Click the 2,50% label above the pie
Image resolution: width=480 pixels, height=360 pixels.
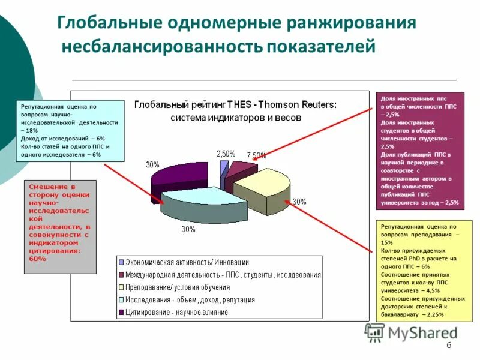226,154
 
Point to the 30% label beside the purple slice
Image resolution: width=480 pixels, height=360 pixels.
152,164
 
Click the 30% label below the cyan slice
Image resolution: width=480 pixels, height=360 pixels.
188,229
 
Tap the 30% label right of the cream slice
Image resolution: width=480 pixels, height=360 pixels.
299,202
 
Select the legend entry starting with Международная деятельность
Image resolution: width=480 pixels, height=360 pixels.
223,275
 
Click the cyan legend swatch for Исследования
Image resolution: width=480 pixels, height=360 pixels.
121,299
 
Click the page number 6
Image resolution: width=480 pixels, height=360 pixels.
449,346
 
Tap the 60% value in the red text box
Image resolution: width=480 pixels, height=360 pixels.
37,259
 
